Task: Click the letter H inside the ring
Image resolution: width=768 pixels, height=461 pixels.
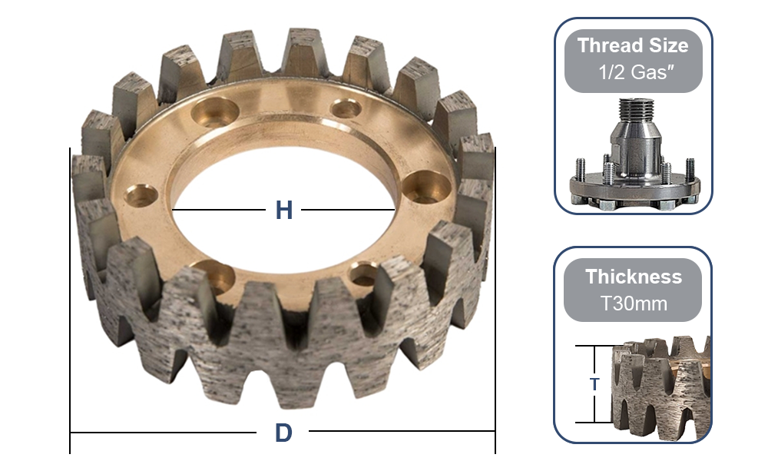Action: tap(284, 210)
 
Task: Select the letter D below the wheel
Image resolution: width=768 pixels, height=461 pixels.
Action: tap(283, 433)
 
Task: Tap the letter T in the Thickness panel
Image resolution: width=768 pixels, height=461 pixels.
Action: tap(594, 384)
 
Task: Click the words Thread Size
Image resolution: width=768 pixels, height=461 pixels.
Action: tap(633, 45)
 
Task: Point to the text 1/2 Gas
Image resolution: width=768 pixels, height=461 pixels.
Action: tap(633, 75)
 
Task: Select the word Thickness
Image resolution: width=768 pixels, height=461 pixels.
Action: tap(633, 277)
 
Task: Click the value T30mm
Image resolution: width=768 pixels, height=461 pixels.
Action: tap(633, 303)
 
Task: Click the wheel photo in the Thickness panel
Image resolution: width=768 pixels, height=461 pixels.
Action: tap(660, 384)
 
